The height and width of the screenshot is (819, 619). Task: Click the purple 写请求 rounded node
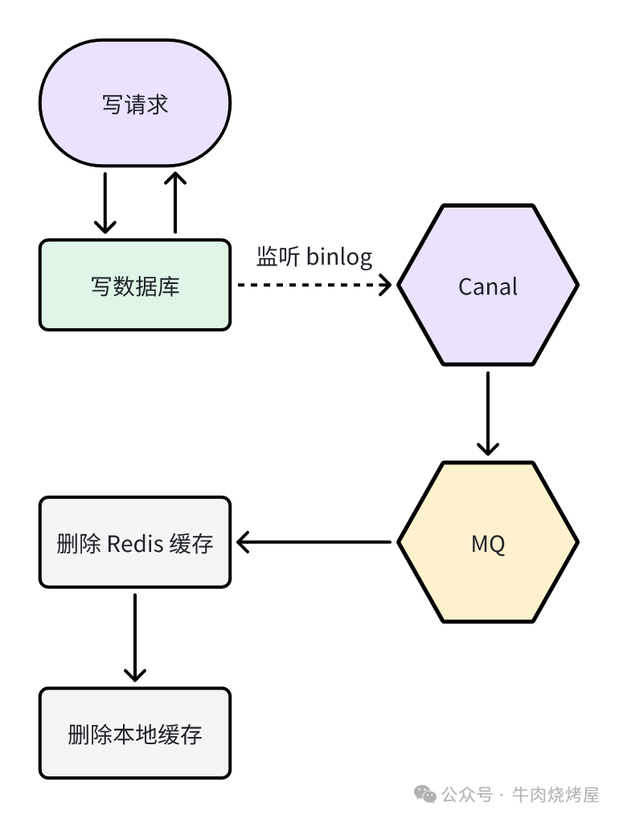(x=135, y=105)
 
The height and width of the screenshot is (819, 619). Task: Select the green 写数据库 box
(x=135, y=285)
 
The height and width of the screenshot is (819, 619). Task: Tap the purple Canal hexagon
(x=488, y=285)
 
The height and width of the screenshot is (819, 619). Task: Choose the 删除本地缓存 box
(x=135, y=733)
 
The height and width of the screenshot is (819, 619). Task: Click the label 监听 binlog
(x=314, y=257)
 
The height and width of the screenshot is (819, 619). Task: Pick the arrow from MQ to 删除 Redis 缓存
(x=314, y=541)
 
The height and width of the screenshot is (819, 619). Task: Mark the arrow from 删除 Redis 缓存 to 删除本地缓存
(x=135, y=637)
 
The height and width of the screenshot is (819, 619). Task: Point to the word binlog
(x=339, y=257)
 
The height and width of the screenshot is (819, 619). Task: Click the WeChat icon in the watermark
(x=426, y=794)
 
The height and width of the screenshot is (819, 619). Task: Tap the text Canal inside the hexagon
(x=488, y=286)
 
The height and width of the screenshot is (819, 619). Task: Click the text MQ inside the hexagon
(x=488, y=544)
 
